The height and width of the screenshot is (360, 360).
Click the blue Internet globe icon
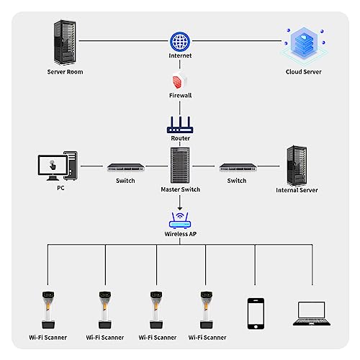pos(180,42)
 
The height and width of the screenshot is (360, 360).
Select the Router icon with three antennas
pos(180,125)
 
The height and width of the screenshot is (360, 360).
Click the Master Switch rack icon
pos(180,165)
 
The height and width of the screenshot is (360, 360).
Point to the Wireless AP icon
pos(180,220)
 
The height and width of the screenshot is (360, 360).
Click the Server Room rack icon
pos(65,42)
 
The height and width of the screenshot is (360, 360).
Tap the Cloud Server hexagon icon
pos(304,45)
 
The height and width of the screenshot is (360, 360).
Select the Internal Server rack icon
pos(297,166)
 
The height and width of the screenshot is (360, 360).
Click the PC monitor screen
pos(53,165)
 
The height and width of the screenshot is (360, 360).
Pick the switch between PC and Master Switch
pos(125,167)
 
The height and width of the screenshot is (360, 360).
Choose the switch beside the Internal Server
pos(238,167)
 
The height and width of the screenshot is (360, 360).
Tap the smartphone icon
pos(256,314)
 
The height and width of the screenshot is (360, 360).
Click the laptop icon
pos(312,313)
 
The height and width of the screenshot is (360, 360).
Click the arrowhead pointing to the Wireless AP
pos(180,209)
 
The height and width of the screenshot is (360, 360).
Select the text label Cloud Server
pos(303,72)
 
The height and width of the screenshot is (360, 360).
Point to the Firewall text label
pos(180,95)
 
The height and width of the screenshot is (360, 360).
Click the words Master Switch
pos(180,189)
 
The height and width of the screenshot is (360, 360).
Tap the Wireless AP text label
pos(180,234)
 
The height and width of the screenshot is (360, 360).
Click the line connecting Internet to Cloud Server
pos(237,41)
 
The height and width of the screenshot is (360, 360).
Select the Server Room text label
pos(65,72)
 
